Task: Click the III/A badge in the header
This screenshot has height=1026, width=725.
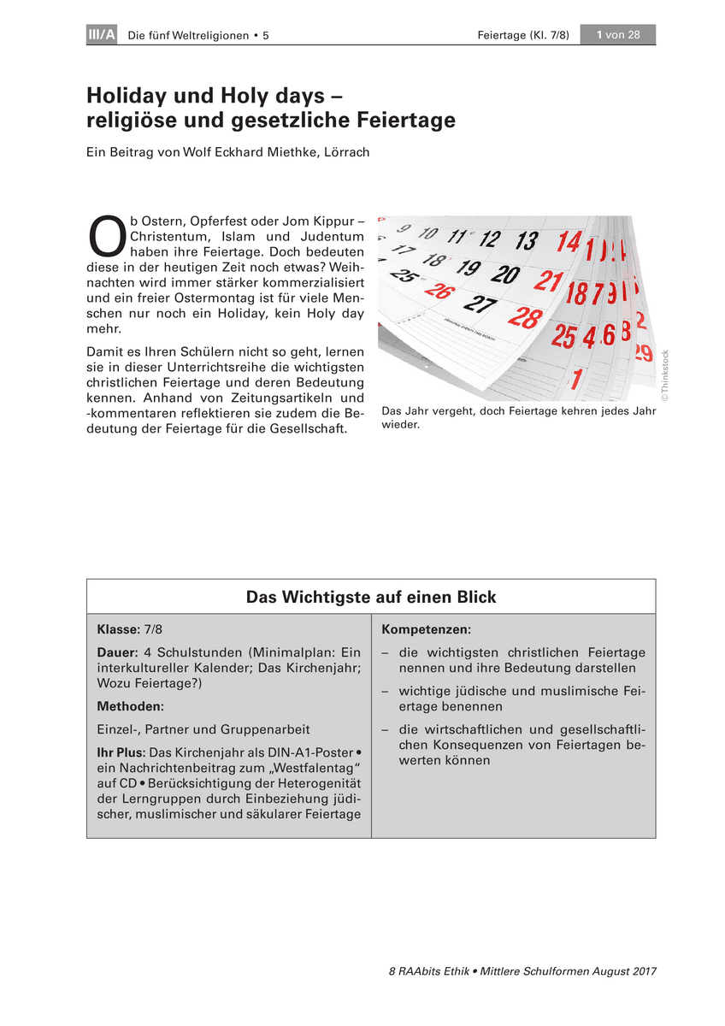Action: point(102,35)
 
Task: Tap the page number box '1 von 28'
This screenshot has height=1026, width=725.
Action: point(617,35)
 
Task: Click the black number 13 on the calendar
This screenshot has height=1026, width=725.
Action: point(527,239)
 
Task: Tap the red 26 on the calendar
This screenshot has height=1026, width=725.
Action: point(438,290)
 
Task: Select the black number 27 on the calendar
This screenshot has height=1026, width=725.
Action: point(480,303)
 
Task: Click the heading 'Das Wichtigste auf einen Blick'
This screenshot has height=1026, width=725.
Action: point(371,597)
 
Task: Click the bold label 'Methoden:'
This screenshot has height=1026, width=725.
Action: point(130,706)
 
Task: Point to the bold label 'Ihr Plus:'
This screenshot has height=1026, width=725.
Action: point(121,752)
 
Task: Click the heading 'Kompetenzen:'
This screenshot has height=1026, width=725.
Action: point(426,629)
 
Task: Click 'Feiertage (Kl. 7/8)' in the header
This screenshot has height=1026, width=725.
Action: point(523,35)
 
